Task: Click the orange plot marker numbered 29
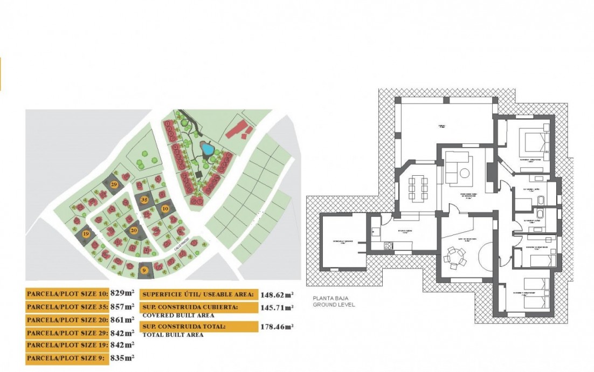click(x=114, y=184)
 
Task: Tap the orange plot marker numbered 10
click(x=165, y=208)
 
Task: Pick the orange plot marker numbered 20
click(x=134, y=230)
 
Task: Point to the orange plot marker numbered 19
click(x=86, y=234)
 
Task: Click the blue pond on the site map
click(x=206, y=147)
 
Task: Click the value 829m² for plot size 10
click(x=122, y=293)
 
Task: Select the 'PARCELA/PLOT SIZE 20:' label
click(x=67, y=319)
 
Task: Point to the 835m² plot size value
click(x=122, y=357)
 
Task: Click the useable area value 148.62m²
click(x=277, y=294)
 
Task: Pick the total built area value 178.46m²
click(x=277, y=327)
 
